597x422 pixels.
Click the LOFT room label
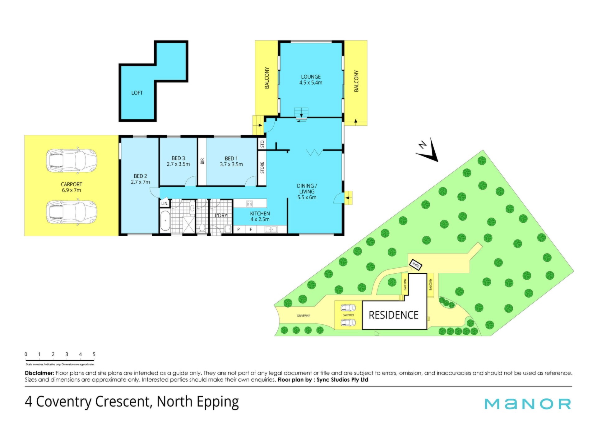coord(137,93)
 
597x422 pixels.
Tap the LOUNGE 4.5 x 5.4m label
coord(311,80)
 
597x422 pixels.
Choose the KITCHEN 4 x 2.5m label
coord(260,216)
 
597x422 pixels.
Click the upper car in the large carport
coord(72,160)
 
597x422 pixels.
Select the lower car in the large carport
coord(72,212)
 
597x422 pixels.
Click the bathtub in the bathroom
coord(165,221)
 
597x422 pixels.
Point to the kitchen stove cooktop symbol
coord(249,204)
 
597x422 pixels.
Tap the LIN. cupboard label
coord(165,203)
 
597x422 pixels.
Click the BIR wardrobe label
coord(202,161)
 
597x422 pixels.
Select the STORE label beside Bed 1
coord(262,168)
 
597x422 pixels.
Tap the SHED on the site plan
coord(416,265)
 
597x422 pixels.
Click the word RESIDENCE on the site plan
coord(393,315)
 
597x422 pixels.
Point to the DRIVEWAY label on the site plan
coord(303,316)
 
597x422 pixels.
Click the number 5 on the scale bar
coord(94,354)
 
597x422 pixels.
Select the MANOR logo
coord(528,404)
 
